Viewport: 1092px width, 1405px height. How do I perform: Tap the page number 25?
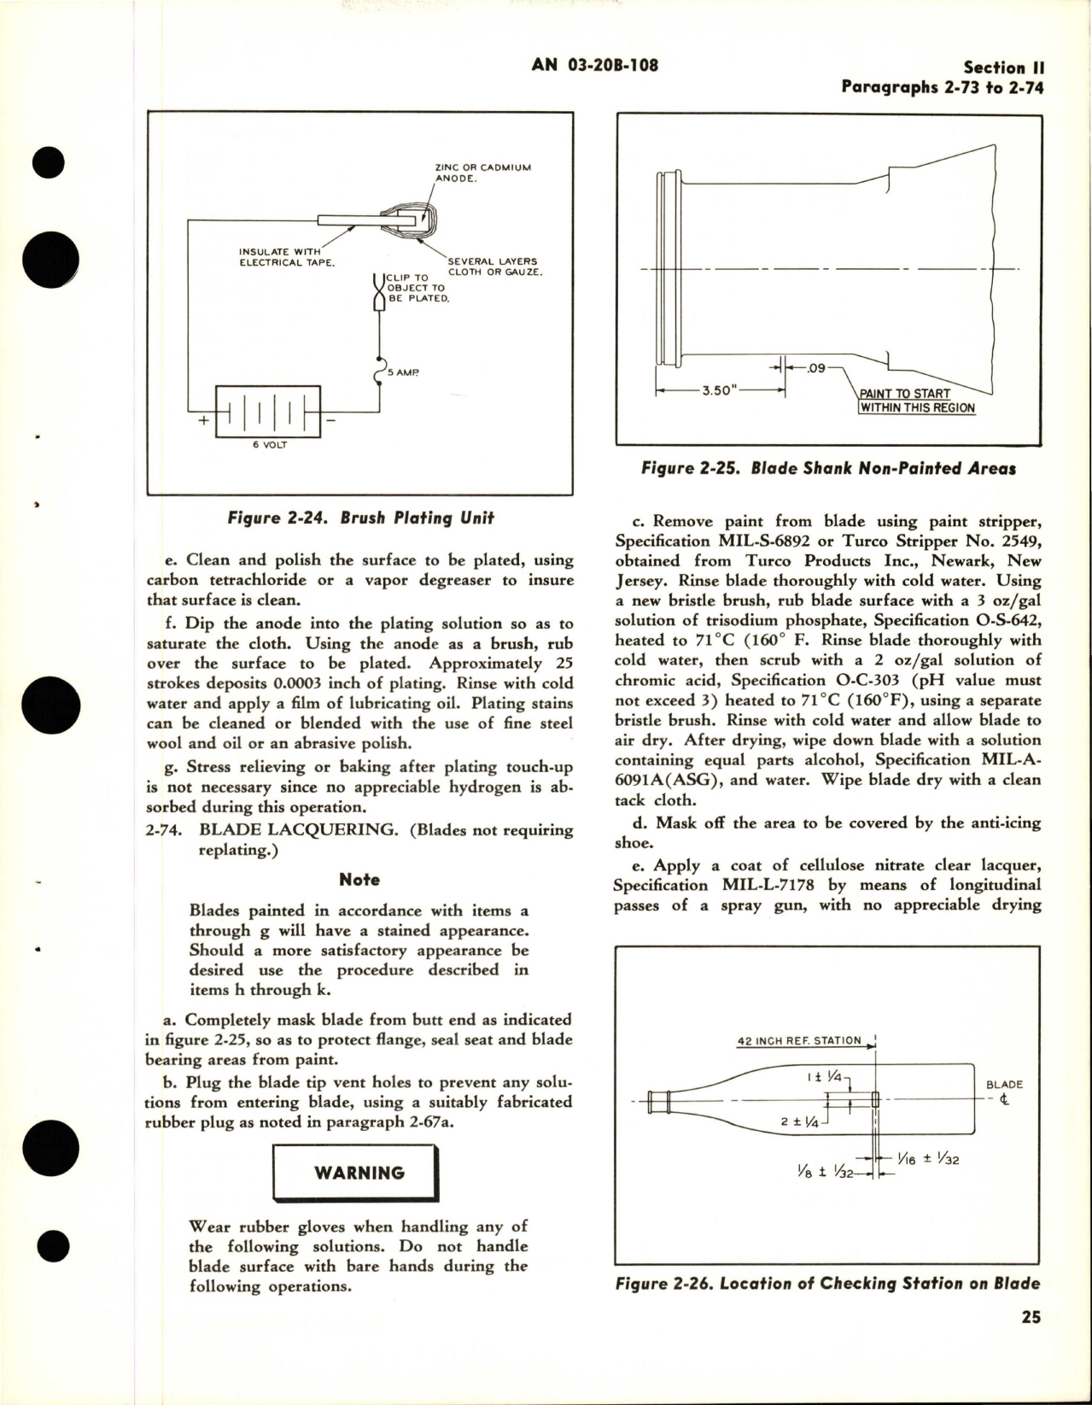[x=1031, y=1341]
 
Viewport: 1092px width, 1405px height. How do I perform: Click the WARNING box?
[x=359, y=1173]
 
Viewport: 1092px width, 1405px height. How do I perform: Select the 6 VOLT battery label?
[x=268, y=446]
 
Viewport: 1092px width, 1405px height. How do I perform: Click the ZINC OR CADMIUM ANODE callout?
[x=482, y=173]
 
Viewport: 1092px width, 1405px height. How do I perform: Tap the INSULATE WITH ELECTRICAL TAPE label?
[x=287, y=257]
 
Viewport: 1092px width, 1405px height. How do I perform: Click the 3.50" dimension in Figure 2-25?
[x=718, y=390]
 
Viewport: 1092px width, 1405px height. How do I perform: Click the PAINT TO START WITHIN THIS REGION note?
[x=917, y=401]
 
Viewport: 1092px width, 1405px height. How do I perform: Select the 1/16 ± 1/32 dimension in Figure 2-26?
[x=929, y=1159]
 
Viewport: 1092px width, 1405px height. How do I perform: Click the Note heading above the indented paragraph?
[x=359, y=880]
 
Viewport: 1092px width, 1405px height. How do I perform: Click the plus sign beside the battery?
[x=204, y=421]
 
